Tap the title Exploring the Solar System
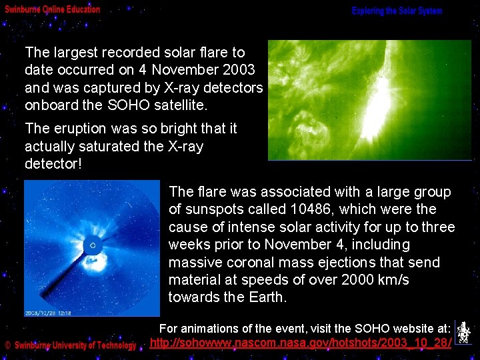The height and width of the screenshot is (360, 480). (397, 11)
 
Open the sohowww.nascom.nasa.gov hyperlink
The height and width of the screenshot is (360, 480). (301, 343)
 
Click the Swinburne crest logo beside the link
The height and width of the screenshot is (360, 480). (463, 333)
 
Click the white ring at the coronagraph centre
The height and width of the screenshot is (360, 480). (93, 246)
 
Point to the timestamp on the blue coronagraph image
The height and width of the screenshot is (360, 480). (48, 312)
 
